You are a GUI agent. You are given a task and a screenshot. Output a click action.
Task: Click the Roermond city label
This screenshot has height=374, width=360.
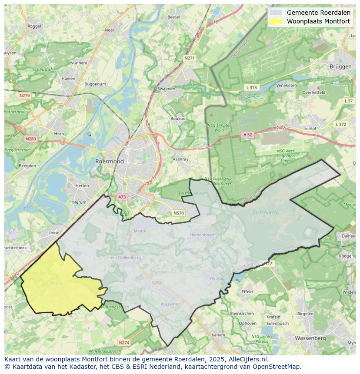[109, 161]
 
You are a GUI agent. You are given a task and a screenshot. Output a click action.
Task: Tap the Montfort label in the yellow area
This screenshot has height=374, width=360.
[58, 283]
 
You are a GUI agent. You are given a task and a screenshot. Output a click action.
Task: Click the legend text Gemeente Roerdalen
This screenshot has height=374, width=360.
[318, 13]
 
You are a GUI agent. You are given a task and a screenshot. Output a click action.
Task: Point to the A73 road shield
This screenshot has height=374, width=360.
[122, 197]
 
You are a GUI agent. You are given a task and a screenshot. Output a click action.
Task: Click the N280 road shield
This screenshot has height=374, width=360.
[31, 139]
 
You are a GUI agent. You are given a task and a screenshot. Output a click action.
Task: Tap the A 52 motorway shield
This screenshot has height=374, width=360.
[247, 135]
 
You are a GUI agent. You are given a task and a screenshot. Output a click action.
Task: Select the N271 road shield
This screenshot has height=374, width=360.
[190, 58]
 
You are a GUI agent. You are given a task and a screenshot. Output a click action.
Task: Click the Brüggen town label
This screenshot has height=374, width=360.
[340, 66]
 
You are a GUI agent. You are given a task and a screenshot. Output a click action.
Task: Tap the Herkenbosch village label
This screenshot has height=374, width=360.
[202, 235]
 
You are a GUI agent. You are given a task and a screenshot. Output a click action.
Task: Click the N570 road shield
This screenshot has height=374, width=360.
[178, 213]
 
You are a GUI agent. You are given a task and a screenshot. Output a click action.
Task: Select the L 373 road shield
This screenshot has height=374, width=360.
[251, 87]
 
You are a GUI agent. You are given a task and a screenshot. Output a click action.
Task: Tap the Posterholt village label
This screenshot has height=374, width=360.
[170, 304]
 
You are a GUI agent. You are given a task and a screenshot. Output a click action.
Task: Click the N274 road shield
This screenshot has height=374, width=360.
[124, 342]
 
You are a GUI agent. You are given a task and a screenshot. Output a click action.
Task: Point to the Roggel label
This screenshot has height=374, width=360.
[34, 26]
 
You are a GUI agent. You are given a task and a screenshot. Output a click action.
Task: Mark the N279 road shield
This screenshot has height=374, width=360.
[24, 95]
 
